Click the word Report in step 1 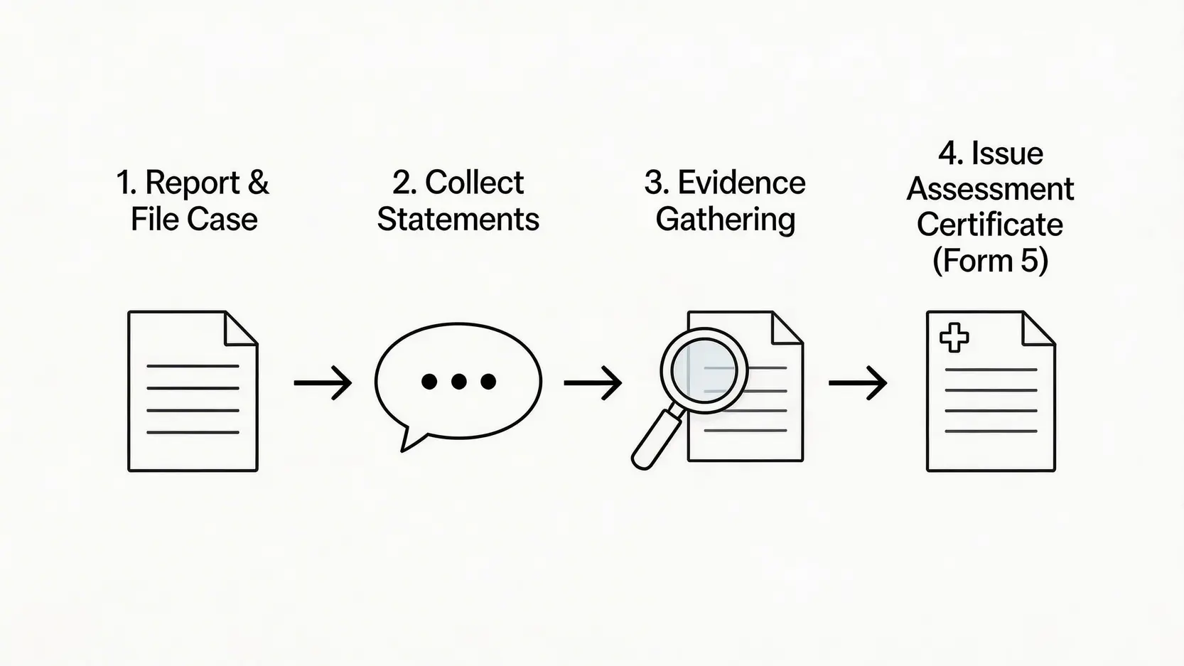(x=192, y=183)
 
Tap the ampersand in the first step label (x=259, y=183)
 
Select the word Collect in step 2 (x=474, y=183)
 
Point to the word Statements (x=458, y=220)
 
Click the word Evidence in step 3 (x=741, y=183)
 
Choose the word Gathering (x=725, y=220)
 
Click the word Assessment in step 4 (x=990, y=189)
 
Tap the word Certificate (x=990, y=225)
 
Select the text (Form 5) (x=990, y=261)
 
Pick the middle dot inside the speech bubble (x=459, y=382)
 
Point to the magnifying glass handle (x=655, y=441)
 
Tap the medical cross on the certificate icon (x=954, y=338)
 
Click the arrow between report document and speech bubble (x=323, y=383)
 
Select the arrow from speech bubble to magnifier (x=593, y=383)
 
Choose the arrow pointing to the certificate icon (x=858, y=383)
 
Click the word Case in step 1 (x=223, y=220)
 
